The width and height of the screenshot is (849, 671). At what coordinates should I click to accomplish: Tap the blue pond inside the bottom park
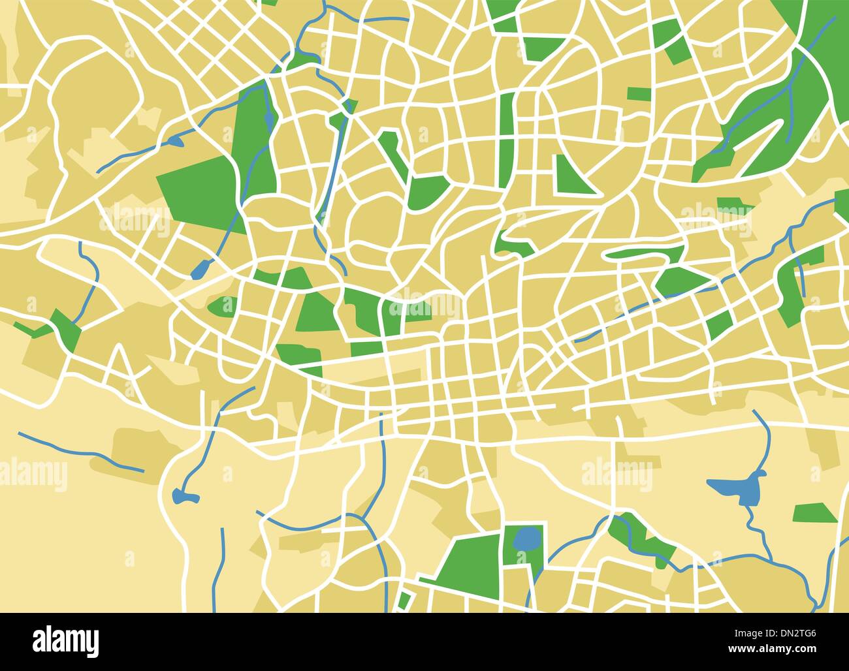[526, 539]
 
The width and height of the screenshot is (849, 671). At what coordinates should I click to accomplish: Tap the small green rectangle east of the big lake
[815, 513]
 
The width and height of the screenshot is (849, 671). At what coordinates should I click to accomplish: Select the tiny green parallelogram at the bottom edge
[404, 601]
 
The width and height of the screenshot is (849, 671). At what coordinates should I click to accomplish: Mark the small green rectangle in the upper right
[639, 94]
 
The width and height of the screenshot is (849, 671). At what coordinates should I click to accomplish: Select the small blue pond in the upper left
[174, 140]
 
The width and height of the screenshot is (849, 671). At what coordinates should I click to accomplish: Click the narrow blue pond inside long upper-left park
[269, 119]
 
